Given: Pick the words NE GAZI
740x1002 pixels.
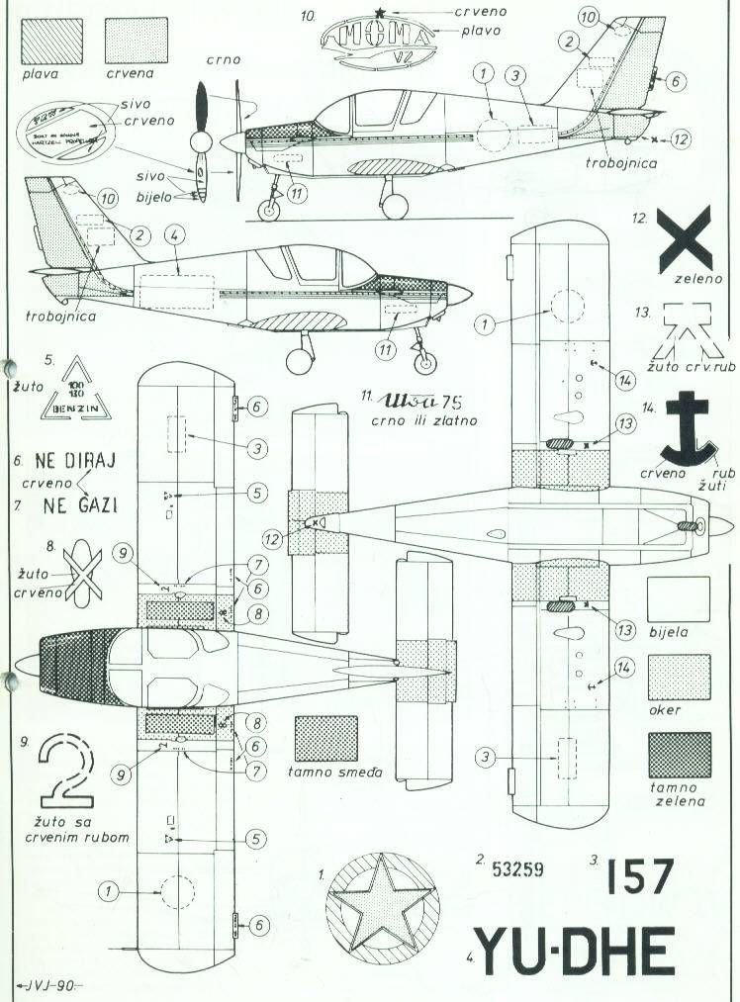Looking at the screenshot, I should (x=80, y=506).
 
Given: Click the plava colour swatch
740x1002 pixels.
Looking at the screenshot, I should (x=46, y=43).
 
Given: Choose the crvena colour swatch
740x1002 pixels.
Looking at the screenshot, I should (x=131, y=43).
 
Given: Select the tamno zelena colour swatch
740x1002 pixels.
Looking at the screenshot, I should (x=679, y=755).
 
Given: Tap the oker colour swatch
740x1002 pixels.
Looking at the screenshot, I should (x=679, y=679).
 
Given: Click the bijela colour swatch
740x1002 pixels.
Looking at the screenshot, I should (x=679, y=599).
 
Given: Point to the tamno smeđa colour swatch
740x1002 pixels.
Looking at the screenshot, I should (x=326, y=738).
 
